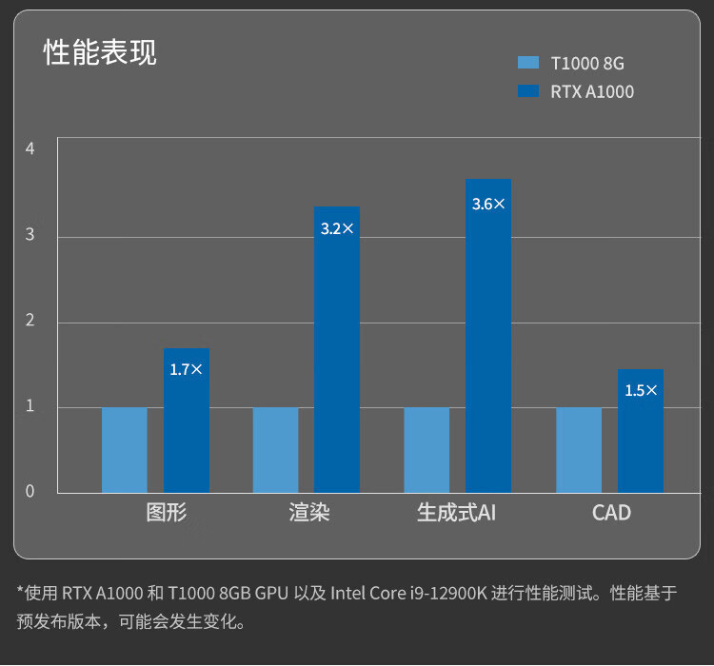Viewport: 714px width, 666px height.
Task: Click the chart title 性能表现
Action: coord(100,53)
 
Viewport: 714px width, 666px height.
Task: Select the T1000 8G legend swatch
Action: coord(528,63)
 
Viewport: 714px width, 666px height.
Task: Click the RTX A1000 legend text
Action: coord(591,92)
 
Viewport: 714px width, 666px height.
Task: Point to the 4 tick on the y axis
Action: coord(30,148)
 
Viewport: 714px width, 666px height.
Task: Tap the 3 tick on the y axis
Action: coord(30,234)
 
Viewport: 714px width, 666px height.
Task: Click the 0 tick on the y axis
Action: coord(30,491)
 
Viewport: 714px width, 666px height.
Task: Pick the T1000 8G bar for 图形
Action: coord(125,450)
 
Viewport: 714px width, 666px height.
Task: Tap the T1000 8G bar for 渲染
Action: coord(276,450)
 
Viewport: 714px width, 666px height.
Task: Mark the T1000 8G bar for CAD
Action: coord(579,450)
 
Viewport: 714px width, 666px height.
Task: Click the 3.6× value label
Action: coord(488,204)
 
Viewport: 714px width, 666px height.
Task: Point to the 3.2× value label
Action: coord(337,229)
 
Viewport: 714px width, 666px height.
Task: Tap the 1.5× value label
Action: coord(641,390)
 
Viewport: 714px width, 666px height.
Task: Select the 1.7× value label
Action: coord(186,369)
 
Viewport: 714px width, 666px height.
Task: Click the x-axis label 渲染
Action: coord(309,513)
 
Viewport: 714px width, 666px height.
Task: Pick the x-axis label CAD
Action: coord(611,513)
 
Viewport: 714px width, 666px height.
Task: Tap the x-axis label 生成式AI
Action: coord(456,513)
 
